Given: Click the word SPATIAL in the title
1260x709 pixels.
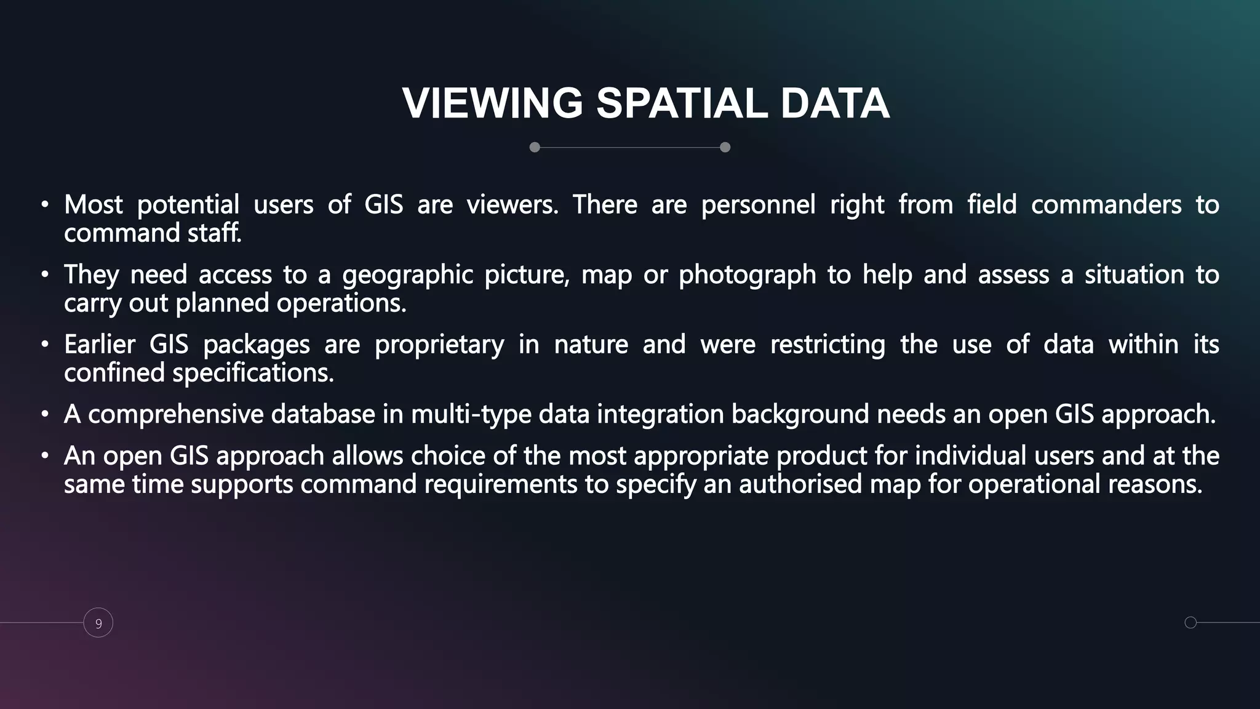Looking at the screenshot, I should coord(682,103).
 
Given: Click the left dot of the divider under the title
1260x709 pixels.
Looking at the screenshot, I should coord(535,147).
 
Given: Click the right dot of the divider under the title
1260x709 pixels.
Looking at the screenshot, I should coord(725,147).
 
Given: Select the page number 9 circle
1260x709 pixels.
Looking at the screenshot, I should coord(98,623).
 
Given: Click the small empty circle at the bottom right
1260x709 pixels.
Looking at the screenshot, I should coord(1190,622).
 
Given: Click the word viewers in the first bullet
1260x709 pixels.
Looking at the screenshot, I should coord(512,204).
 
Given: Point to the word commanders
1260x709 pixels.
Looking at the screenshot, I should coord(1106,204).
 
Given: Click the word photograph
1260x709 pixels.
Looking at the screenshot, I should coord(747,274).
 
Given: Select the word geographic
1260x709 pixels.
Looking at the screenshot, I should coord(407,274).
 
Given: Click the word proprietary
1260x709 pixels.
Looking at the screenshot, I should coord(439,344).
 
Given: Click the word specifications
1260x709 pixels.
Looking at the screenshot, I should coord(252,373).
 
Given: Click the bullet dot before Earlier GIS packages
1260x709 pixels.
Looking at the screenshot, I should coord(45,345).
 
